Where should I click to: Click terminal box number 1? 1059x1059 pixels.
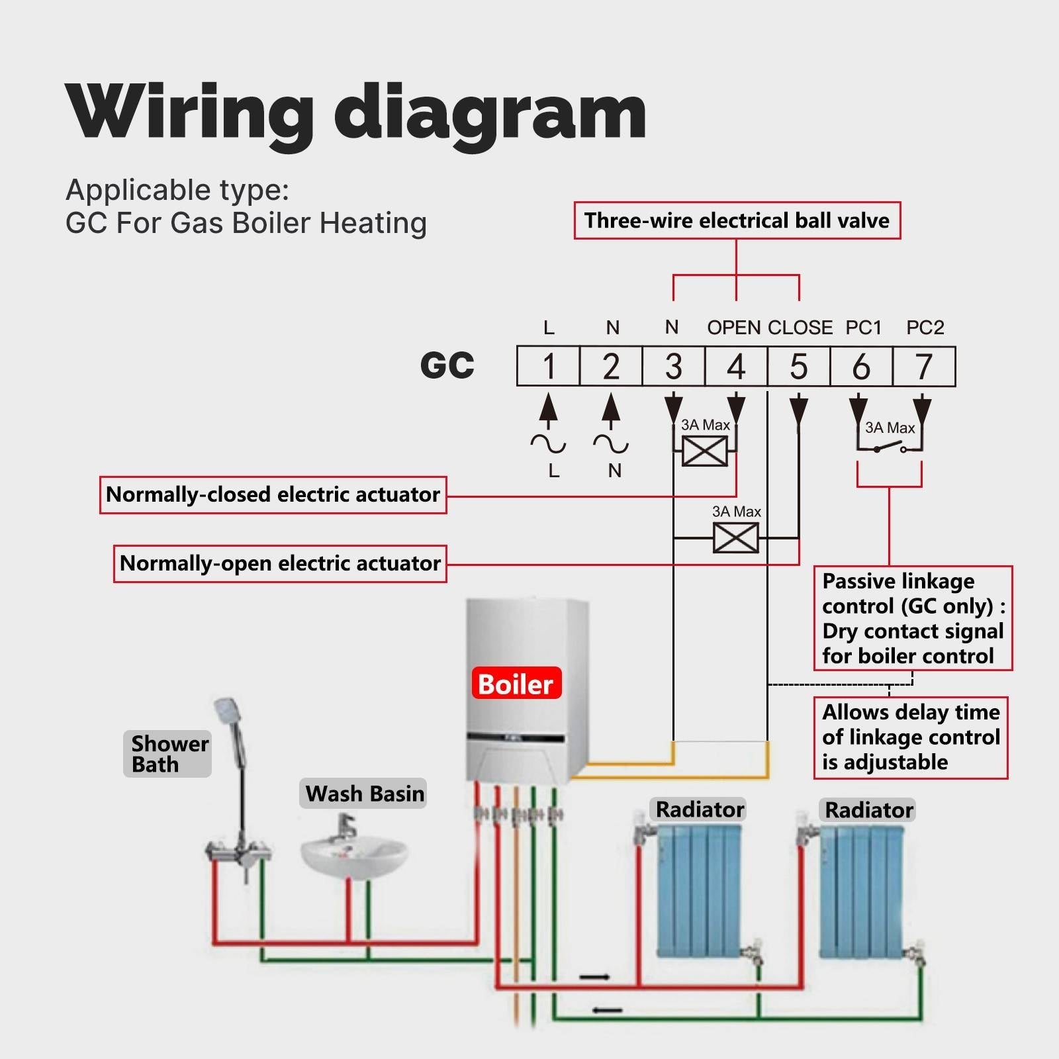548,367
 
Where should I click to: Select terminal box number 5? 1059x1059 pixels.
798,367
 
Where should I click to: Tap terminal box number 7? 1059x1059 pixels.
923,367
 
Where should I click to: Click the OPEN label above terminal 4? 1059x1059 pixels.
733,328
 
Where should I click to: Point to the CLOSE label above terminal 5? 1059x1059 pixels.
800,328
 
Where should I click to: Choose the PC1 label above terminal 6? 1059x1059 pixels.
863,328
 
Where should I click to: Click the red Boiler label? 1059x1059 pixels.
516,684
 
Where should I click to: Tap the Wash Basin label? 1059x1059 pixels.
364,793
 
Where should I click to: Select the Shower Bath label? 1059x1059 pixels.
167,753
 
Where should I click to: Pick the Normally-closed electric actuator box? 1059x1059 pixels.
273,494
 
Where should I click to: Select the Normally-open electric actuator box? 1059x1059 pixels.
280,563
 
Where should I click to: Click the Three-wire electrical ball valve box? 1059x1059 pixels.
737,220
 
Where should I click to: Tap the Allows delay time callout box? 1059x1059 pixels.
910,737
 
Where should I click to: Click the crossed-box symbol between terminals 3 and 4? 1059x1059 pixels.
704,452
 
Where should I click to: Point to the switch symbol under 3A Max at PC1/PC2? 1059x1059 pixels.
889,449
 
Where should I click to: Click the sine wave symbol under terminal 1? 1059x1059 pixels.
548,444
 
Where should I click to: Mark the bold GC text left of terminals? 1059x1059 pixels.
447,365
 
